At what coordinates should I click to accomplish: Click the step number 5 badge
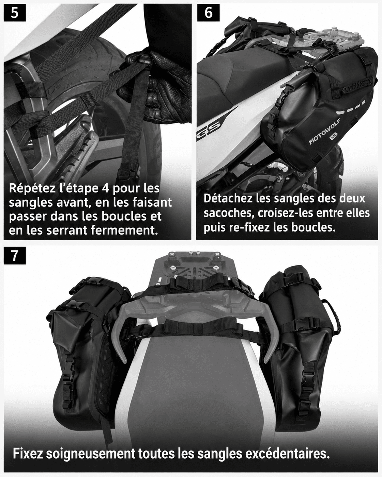tap(15, 13)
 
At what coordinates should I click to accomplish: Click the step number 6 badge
tap(208, 13)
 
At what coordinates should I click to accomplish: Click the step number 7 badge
tap(15, 256)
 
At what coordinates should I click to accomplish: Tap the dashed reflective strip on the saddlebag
tap(351, 108)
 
